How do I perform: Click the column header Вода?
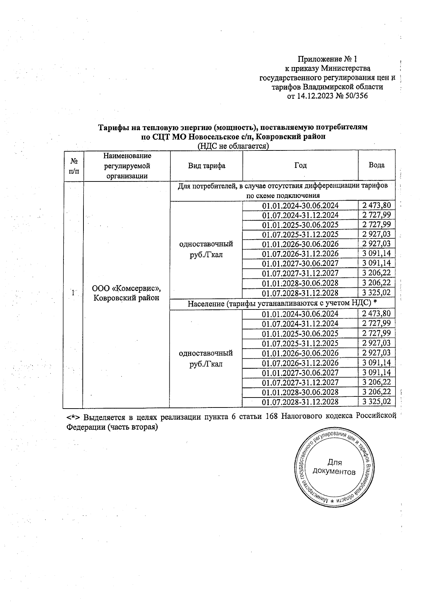tap(377, 165)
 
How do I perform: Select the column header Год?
tap(300, 165)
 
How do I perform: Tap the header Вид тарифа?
tap(207, 166)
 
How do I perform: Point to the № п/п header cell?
tap(73, 166)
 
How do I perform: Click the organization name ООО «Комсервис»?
tap(126, 288)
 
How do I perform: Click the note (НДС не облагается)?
tap(233, 146)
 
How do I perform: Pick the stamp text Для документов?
tap(334, 467)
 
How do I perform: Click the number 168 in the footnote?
tap(273, 417)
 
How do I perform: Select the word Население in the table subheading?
tap(205, 303)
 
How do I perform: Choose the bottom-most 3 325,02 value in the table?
tap(377, 402)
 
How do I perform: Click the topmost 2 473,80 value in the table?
tap(377, 205)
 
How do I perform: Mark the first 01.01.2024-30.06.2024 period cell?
tap(300, 205)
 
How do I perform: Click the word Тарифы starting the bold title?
tap(112, 127)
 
